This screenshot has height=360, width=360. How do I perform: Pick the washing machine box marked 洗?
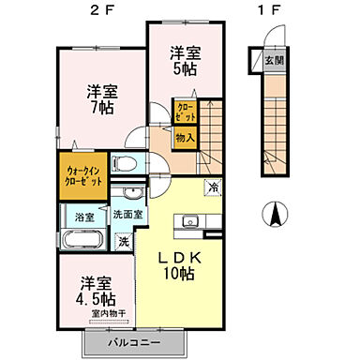pos(124,240)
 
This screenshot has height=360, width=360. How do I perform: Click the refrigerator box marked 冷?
pos(214,187)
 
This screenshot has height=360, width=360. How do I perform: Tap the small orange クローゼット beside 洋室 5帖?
pos(186,112)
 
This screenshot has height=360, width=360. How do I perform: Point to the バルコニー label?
pos(129,343)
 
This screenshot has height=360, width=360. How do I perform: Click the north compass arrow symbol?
pos(277,215)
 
